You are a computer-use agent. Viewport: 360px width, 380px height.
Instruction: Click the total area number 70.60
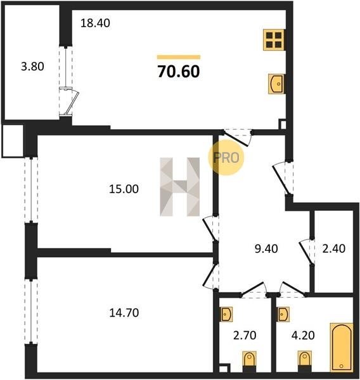tap(179, 72)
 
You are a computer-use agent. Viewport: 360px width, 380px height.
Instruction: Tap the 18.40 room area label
tap(95, 23)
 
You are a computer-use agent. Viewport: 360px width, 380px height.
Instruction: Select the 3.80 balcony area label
tap(32, 66)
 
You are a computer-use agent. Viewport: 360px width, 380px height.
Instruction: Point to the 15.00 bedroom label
tap(124, 189)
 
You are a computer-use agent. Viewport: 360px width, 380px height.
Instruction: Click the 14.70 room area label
tap(124, 313)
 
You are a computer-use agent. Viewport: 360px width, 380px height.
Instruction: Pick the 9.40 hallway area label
tap(266, 249)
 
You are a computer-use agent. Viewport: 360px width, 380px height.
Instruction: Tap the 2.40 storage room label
tap(333, 249)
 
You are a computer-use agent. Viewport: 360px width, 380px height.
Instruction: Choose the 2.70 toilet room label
tap(245, 336)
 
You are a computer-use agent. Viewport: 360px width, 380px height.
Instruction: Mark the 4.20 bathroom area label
tap(303, 336)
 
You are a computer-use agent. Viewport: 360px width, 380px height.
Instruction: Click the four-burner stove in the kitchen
tap(274, 40)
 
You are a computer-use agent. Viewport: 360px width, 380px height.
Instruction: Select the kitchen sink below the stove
tap(276, 84)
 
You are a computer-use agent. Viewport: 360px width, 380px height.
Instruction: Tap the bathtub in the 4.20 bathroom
tap(342, 347)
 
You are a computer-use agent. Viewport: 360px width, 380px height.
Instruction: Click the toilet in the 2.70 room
tap(249, 360)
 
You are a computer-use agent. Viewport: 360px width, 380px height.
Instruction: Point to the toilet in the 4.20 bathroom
tap(305, 360)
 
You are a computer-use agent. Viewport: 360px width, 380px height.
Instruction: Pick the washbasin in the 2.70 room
tap(226, 314)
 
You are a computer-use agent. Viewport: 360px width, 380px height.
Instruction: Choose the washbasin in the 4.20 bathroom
tap(283, 314)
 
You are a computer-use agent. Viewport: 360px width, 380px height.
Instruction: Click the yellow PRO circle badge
tap(226, 158)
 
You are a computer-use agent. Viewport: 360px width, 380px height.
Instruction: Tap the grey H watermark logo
tap(180, 187)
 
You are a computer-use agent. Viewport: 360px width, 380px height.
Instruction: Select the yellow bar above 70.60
tap(179, 57)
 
